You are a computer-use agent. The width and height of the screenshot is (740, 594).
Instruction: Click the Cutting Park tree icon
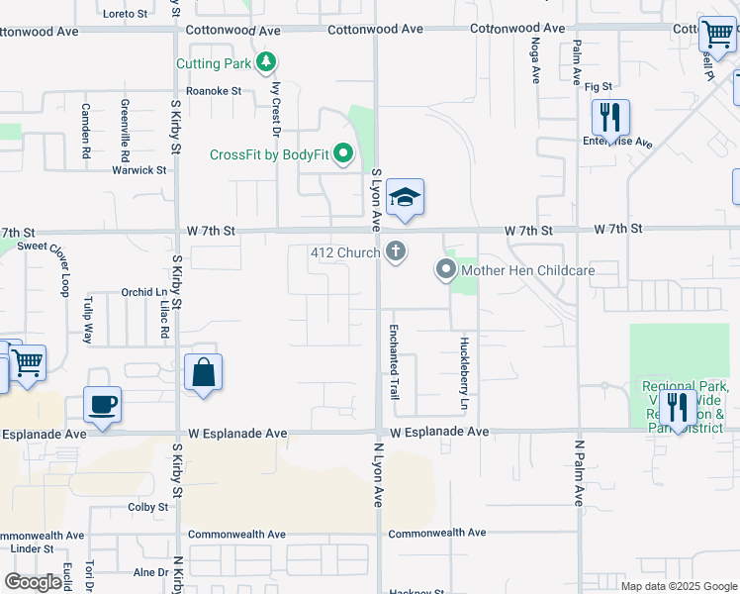265,63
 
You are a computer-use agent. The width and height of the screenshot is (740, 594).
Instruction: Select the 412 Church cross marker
396,251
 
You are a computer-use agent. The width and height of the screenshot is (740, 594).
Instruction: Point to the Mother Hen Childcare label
528,270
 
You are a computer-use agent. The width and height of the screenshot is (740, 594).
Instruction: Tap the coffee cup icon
103,404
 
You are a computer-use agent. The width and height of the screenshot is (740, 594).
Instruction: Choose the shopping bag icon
203,373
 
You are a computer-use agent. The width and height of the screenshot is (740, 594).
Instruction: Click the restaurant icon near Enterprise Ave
610,118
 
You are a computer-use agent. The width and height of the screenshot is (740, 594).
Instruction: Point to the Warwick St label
139,169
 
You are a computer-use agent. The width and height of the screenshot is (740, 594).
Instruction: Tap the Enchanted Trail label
394,361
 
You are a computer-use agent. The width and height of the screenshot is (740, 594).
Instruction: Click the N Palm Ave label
579,473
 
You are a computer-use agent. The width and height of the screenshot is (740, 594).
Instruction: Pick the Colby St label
148,507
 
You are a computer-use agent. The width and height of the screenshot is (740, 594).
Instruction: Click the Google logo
34,582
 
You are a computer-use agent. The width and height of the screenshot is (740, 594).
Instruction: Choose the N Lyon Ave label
378,474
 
